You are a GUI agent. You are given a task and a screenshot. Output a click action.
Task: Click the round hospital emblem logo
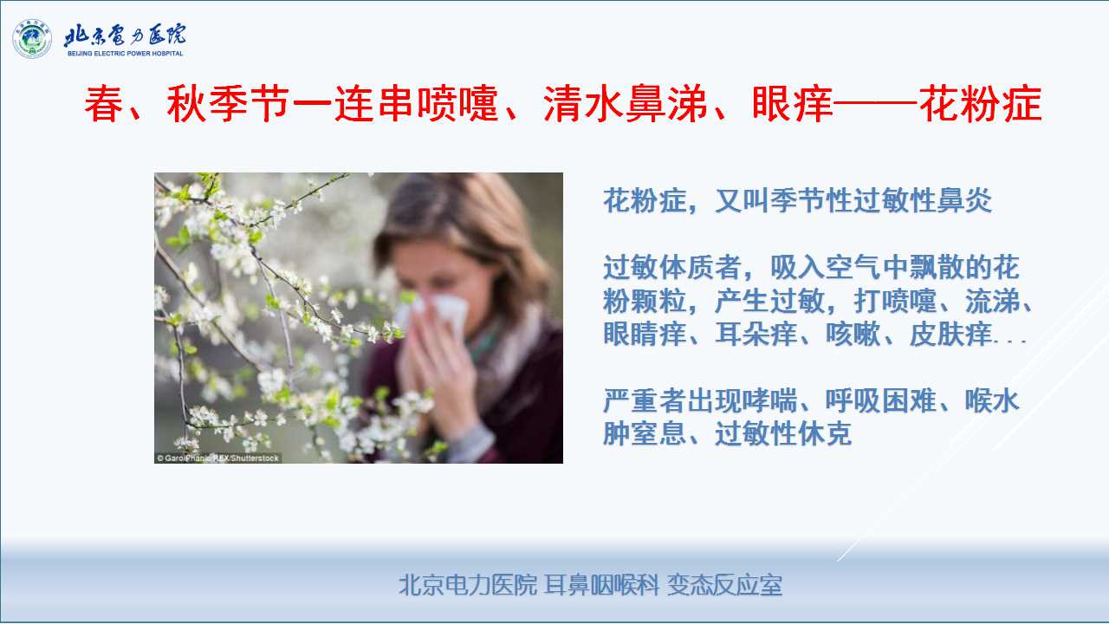32,39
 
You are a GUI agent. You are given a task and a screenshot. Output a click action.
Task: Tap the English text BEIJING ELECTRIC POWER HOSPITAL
126,54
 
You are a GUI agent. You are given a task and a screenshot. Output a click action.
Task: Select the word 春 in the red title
103,103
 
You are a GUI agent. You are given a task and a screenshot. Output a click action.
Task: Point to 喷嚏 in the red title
457,103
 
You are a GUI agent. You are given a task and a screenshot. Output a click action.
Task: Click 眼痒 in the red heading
792,103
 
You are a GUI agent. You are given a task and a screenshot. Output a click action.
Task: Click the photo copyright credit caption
217,458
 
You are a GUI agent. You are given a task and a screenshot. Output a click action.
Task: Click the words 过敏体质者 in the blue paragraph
671,268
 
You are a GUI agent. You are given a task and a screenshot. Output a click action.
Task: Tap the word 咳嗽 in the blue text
853,334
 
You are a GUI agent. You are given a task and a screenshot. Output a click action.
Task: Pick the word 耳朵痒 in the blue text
756,334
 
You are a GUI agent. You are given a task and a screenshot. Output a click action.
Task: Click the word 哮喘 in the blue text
769,400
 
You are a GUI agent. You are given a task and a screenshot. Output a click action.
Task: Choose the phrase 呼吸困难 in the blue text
881,400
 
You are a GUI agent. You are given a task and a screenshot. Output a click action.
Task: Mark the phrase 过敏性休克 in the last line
783,434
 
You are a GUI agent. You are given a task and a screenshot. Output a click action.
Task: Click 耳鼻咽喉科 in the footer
601,585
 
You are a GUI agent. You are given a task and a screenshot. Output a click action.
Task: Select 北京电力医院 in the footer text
468,585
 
